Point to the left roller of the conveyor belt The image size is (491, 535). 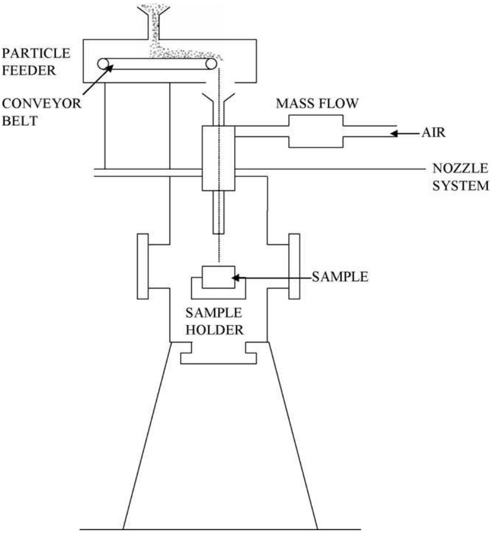coord(103,64)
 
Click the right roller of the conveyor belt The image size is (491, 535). coord(211,64)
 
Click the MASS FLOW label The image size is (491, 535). coord(317,104)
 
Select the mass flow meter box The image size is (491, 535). coord(316,131)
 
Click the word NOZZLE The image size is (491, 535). coord(459,169)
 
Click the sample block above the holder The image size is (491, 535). coord(218,277)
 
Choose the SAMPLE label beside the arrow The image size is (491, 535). coord(339,277)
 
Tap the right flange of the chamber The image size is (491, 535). coord(294,266)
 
